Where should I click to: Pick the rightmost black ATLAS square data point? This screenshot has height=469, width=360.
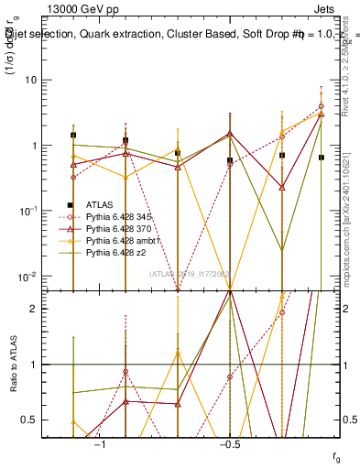(321, 158)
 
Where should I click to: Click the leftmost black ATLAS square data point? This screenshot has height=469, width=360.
(73, 136)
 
